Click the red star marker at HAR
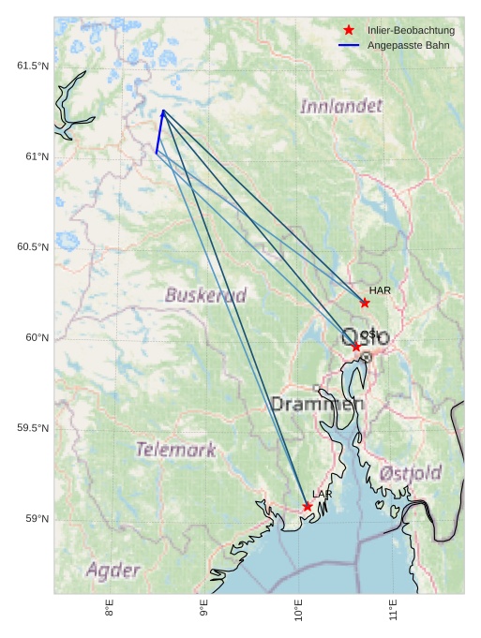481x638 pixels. pos(365,303)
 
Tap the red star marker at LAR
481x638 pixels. pos(308,507)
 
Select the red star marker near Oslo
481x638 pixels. pos(356,348)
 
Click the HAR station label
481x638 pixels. pos(380,290)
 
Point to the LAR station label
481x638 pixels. pos(323,494)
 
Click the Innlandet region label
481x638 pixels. pos(341,107)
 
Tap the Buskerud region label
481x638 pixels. pos(206,295)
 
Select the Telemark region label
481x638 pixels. pos(175,450)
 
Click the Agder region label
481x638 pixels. pos(113,570)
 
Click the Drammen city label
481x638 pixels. pos(317,404)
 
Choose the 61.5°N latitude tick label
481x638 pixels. pos(33,66)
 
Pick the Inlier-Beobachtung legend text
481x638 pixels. pos(411,30)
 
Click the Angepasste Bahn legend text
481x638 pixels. pos(408,45)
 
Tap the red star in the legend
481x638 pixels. pos(349,30)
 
